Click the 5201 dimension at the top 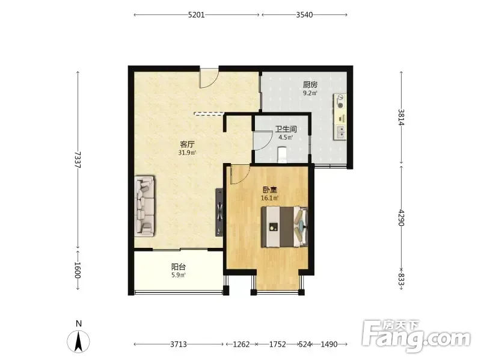coord(197,14)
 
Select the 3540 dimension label coord(304,14)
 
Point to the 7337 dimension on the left coord(78,159)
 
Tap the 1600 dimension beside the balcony coord(78,270)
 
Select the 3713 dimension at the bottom coord(179,344)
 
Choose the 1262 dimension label coord(242,344)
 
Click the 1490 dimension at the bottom coord(329,344)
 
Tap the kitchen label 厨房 coord(310,84)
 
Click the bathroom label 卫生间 coord(286,129)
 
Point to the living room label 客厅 coord(188,144)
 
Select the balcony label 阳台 coord(178,267)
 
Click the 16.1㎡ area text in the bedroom coord(269,199)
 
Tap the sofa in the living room coord(144,206)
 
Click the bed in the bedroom coord(284,227)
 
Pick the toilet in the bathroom coord(282,155)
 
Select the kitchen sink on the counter coord(340,132)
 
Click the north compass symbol coord(79,342)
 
